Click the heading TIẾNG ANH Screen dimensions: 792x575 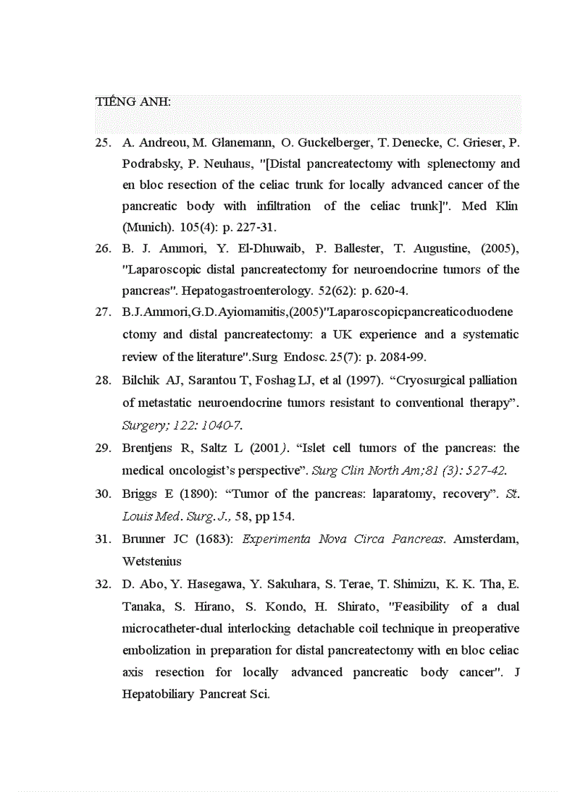pyautogui.click(x=132, y=102)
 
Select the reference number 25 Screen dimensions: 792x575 pyautogui.click(x=103, y=142)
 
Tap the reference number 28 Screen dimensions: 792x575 pyautogui.click(x=103, y=380)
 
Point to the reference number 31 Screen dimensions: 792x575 pyautogui.click(x=103, y=539)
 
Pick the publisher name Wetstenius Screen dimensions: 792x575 pyautogui.click(x=152, y=561)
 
